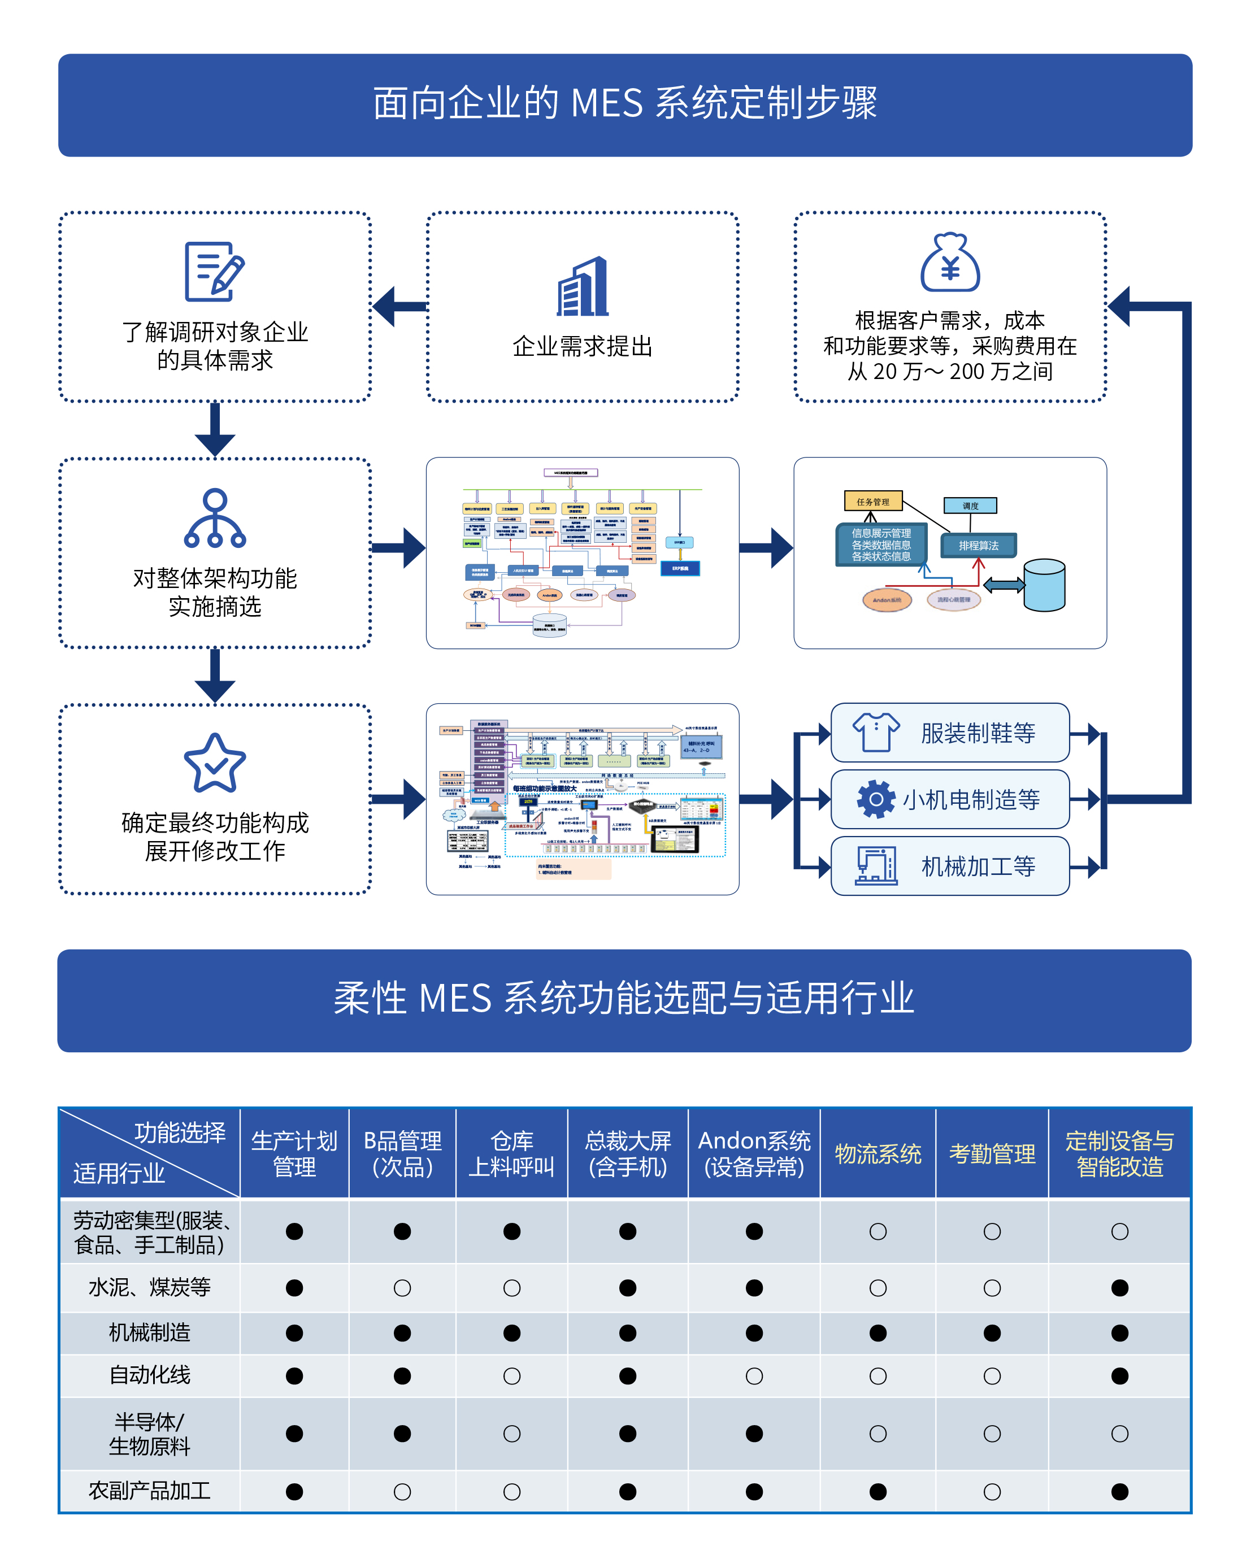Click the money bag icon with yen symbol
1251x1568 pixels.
950,263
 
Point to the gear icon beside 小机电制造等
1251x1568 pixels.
876,799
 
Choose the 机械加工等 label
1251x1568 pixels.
978,866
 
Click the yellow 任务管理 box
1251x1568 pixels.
873,501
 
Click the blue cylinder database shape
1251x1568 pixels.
1044,585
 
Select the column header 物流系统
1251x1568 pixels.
878,1154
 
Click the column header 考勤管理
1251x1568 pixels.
992,1154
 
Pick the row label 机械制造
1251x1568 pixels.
150,1332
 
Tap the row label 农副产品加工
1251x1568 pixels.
150,1491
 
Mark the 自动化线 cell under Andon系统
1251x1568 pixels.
754,1376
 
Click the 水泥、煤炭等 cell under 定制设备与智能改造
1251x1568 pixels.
1119,1288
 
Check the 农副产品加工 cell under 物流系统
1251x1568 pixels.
878,1492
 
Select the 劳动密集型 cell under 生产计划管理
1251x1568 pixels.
294,1231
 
